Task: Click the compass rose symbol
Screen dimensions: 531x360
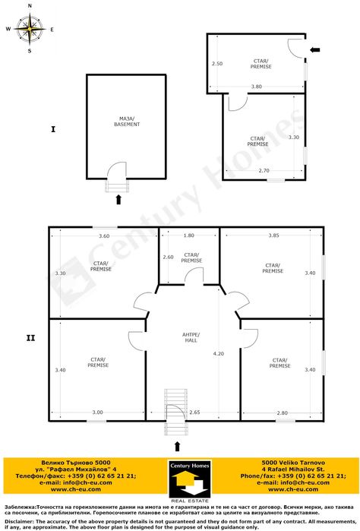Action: click(30, 30)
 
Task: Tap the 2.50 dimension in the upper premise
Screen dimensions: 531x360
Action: click(216, 63)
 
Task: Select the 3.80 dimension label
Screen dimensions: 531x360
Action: click(257, 87)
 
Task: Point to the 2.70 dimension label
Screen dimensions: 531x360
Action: click(264, 170)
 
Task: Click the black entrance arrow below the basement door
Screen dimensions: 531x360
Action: click(118, 200)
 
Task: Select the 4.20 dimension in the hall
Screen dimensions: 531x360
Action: click(219, 353)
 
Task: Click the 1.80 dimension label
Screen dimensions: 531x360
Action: click(189, 235)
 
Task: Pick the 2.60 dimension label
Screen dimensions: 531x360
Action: click(168, 257)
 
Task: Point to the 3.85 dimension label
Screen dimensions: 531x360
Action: click(273, 235)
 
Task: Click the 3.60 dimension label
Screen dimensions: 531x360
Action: click(104, 235)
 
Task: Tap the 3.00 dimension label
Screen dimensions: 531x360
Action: click(98, 412)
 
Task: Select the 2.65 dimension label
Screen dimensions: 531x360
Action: click(194, 412)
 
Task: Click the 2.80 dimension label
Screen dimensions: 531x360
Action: click(282, 412)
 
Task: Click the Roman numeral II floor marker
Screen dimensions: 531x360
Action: click(31, 337)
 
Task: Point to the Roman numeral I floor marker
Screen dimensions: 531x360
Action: click(52, 130)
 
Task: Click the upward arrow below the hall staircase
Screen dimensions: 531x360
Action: click(178, 446)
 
